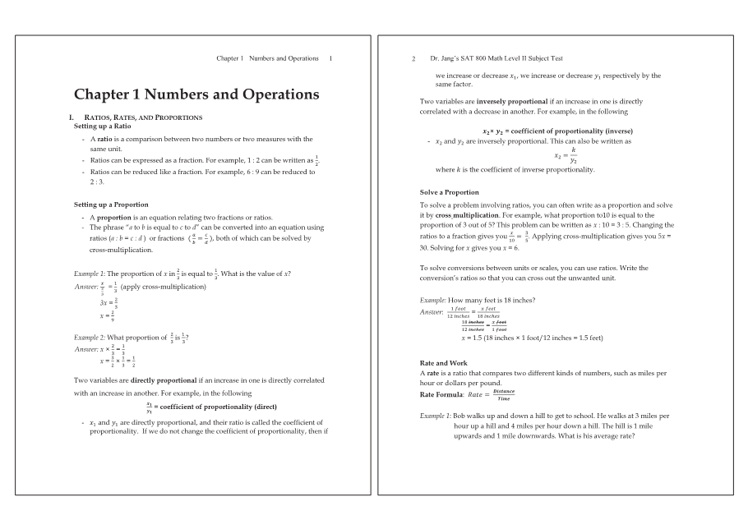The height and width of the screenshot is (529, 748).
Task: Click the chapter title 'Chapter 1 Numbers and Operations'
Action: click(196, 94)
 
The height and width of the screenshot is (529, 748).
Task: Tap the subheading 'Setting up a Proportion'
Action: click(111, 204)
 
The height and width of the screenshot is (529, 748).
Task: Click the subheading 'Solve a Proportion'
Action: click(449, 192)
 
